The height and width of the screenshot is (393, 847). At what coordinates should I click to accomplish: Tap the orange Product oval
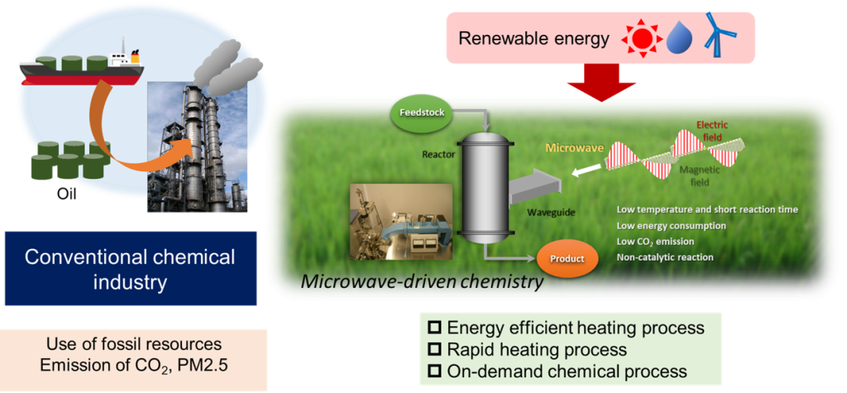[x=567, y=258]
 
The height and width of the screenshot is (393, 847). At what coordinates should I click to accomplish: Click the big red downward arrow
[x=603, y=82]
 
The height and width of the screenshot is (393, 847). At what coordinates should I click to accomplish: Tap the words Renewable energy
[x=534, y=39]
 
